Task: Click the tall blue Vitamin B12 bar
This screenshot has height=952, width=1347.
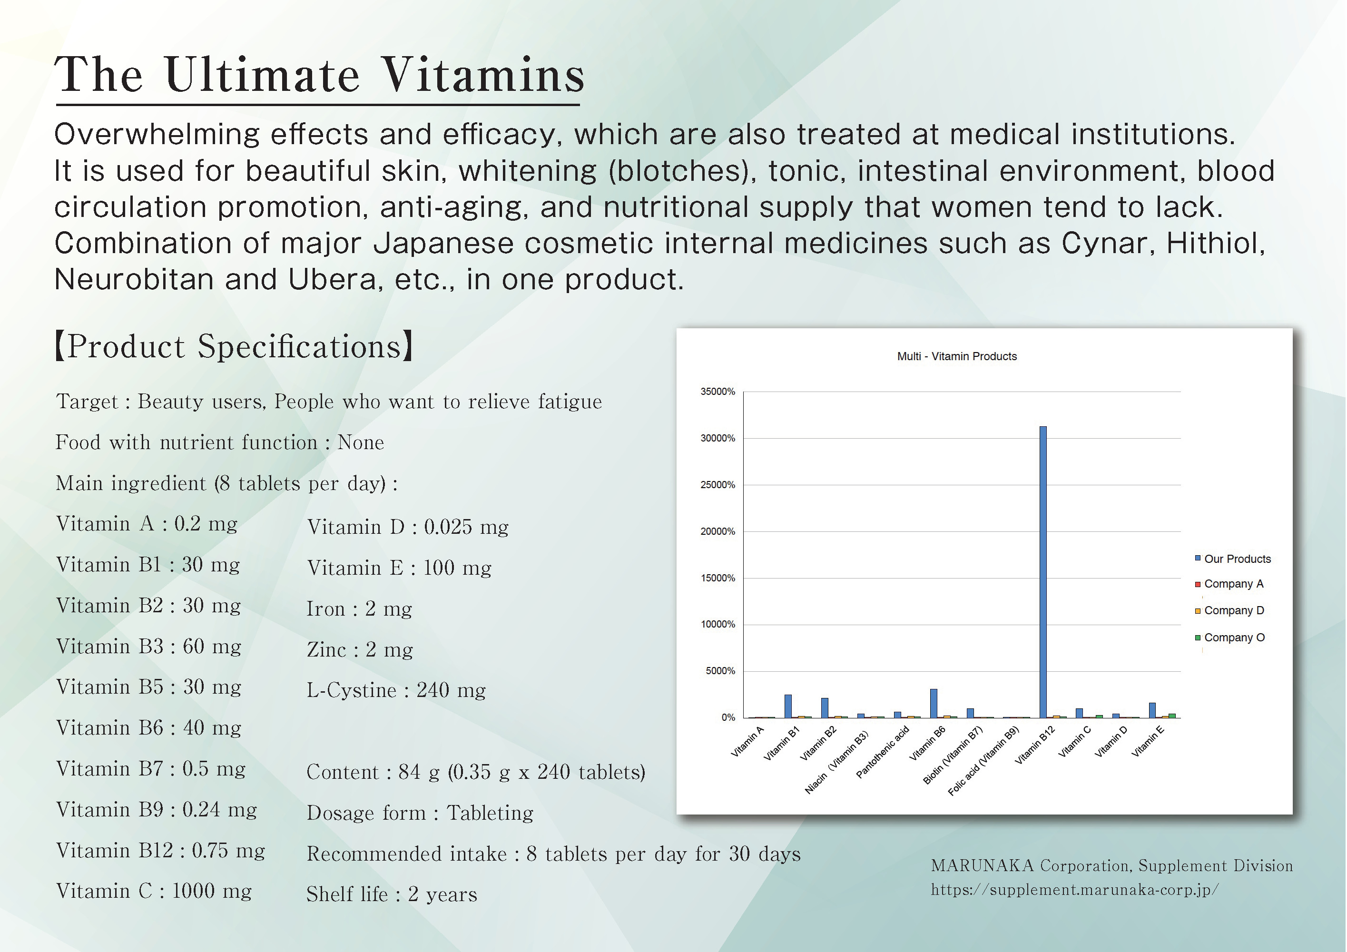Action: (1042, 572)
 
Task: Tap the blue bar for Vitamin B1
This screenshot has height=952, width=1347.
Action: (788, 706)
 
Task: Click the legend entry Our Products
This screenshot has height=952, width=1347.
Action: (1233, 559)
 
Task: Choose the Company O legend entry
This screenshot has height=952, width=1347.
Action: (1230, 638)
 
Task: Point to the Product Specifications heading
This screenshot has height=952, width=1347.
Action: (234, 346)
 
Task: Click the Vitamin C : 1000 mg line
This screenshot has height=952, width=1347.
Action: (154, 891)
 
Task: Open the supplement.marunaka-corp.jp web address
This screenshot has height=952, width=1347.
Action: (1075, 890)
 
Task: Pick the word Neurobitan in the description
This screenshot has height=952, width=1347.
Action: (134, 279)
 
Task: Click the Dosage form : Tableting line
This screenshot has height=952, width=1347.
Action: (420, 813)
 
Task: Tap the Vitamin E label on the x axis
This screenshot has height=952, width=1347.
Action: (1148, 741)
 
